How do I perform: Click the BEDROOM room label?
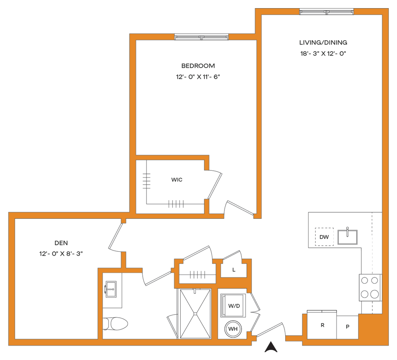pos(198,66)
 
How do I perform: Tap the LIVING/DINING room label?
pos(323,42)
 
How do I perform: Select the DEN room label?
pos(61,244)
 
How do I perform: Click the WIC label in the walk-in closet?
pos(177,180)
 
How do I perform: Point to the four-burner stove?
pos(369,287)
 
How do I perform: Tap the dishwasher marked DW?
pos(324,237)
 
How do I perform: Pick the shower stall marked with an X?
pos(196,313)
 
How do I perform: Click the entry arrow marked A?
pos(271,346)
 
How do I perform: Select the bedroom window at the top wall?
pos(201,36)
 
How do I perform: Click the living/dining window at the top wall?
pos(326,12)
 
